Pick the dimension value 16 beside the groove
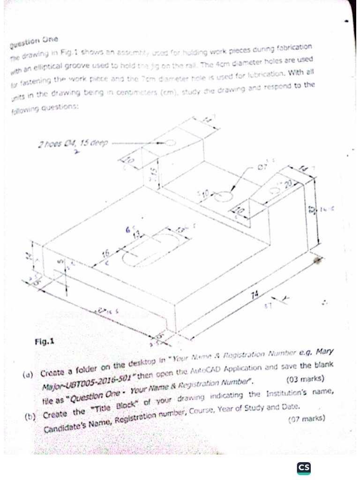pos(106,254)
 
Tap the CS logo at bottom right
pos(304,467)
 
